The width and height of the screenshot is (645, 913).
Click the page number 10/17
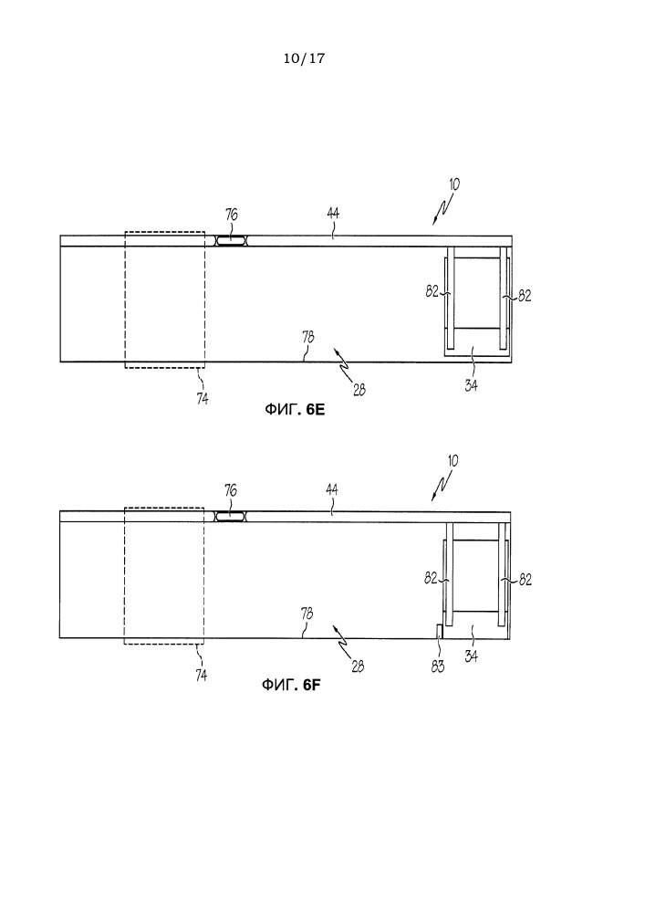pos(304,58)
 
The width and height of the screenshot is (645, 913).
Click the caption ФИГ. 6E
pos(295,409)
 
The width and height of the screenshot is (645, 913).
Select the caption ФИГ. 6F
pos(291,685)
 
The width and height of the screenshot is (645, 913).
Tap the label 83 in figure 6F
pos(437,666)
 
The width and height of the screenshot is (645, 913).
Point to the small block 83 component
pos(440,631)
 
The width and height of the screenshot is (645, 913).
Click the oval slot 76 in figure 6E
pos(232,240)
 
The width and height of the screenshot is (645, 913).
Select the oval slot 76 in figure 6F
pos(231,516)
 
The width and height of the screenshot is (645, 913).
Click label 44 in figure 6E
pos(333,213)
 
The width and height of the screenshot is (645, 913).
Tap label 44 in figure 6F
pos(331,489)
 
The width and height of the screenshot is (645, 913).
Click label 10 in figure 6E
pos(454,184)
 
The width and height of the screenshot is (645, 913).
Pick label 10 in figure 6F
pos(453,460)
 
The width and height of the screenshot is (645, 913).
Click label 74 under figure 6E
pos(203,399)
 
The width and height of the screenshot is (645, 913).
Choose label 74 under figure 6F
pos(202,675)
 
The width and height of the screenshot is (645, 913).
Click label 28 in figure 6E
pos(359,390)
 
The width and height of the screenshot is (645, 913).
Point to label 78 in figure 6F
pos(307,614)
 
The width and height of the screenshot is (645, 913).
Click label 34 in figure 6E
pos(471,385)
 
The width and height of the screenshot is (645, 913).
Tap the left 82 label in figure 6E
pos(432,291)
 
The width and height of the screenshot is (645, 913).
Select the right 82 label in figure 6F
pos(525,580)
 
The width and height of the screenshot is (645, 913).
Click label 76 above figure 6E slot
pos(232,215)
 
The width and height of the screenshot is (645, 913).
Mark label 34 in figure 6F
pos(471,656)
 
